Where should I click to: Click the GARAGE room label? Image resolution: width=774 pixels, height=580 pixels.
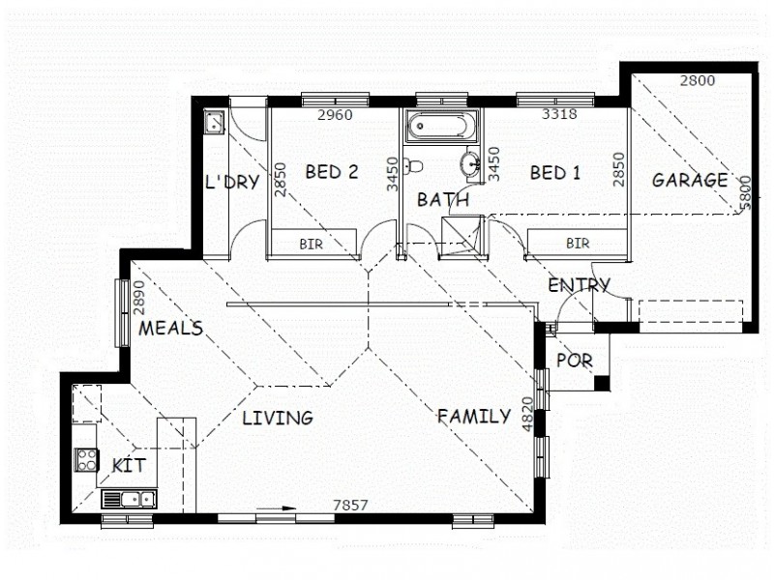point(689,180)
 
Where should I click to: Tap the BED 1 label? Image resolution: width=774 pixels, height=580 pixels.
point(555,173)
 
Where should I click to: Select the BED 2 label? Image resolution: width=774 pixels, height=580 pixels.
point(332,172)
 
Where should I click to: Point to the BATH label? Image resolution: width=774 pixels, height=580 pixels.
point(443,200)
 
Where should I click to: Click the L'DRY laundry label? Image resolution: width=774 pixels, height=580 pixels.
point(232,182)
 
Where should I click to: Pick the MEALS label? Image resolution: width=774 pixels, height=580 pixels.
point(170,329)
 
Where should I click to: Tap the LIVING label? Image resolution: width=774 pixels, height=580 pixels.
point(278,419)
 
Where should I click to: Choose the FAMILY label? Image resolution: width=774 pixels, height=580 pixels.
point(474,417)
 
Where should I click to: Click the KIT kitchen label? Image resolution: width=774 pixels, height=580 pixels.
point(129,466)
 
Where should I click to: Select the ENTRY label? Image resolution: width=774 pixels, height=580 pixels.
point(579,285)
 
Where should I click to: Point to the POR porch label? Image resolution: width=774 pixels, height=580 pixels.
point(575,361)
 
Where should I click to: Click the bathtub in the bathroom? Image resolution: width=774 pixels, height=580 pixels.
point(441,127)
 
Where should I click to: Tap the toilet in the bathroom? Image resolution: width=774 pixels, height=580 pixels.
point(413,165)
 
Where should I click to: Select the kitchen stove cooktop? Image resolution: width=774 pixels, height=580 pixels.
point(87,460)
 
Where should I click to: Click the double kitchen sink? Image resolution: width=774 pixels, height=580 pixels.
point(130,500)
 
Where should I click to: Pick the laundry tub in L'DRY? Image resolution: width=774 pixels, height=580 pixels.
point(214,122)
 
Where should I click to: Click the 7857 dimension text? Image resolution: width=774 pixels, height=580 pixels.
point(350,505)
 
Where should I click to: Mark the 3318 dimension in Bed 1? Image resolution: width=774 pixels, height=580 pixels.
point(559,114)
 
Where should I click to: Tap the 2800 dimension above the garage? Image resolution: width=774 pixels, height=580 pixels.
point(697,81)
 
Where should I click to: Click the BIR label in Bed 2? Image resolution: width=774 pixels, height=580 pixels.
point(311,245)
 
